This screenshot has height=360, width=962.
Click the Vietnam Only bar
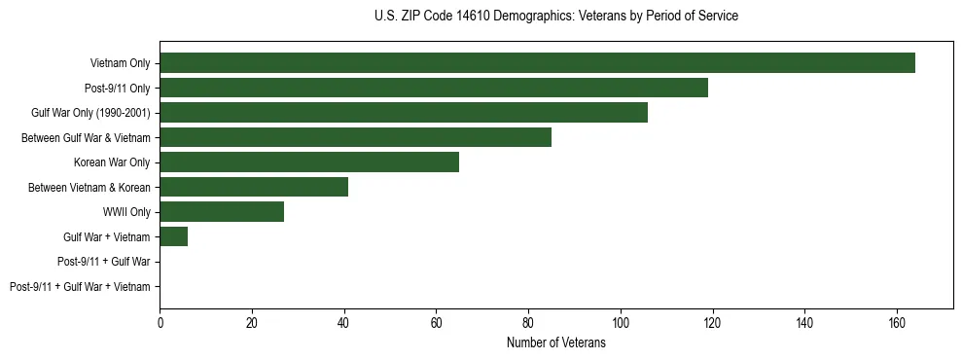537,63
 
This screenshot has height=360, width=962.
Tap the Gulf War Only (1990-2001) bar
404,113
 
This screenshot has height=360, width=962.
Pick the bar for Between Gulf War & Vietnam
355,137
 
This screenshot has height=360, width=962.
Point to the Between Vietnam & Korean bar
254,187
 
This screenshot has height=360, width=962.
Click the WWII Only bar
222,212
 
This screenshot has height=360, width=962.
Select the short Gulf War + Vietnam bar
173,236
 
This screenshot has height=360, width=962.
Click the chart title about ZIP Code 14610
555,17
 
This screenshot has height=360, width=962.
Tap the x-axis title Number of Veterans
555,343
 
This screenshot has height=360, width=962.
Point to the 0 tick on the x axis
160,323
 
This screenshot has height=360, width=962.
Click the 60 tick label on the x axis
436,323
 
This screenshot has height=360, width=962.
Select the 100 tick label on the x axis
620,323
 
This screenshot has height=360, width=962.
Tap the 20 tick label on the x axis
252,323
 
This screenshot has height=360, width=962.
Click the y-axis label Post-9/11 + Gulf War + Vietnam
80,287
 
